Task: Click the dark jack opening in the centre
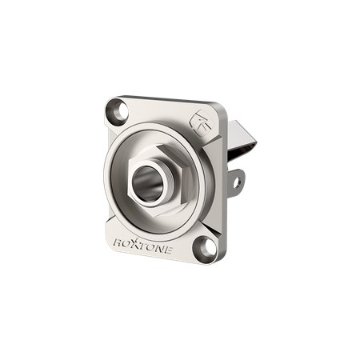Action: pyautogui.click(x=147, y=184)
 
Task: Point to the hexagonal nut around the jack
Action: pyautogui.click(x=159, y=182)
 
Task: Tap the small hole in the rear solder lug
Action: pyautogui.click(x=237, y=182)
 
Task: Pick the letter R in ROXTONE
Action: pyautogui.click(x=118, y=242)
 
